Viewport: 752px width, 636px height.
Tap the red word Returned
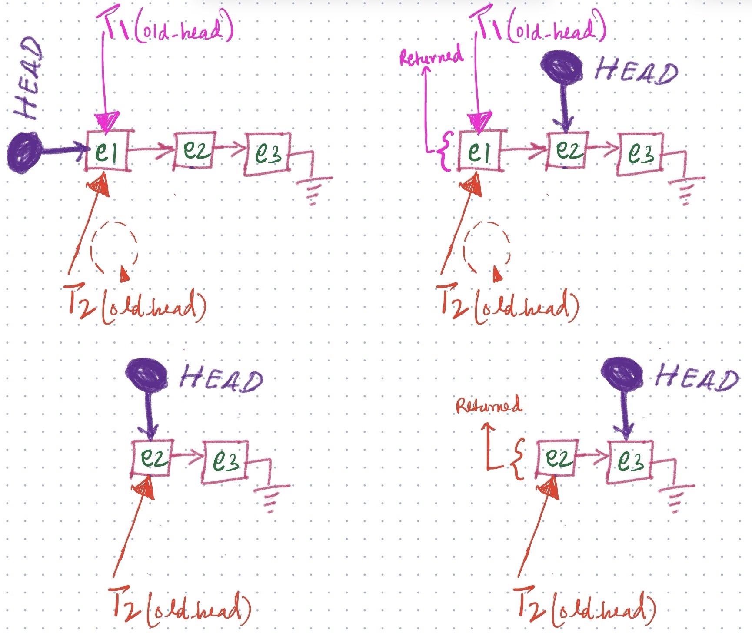(489, 406)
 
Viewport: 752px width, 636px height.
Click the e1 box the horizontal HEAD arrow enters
(107, 152)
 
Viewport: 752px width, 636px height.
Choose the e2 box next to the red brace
(558, 458)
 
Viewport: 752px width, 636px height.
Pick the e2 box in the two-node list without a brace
(152, 458)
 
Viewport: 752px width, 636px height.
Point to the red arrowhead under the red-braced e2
(549, 489)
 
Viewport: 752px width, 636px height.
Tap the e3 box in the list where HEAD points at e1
(267, 154)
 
